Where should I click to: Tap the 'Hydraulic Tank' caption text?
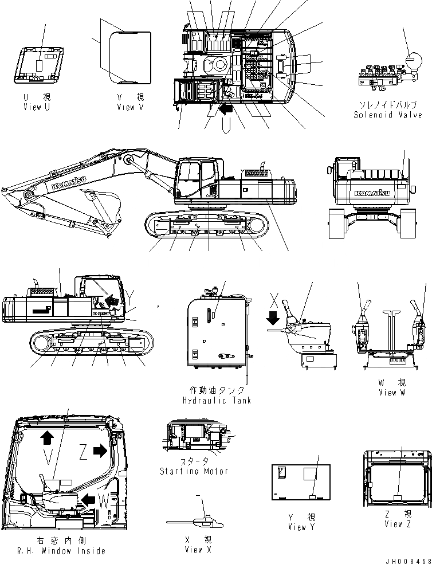click(x=217, y=401)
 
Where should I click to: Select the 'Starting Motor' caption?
click(x=194, y=471)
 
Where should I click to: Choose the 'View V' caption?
click(x=133, y=107)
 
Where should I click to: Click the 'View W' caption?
click(x=392, y=393)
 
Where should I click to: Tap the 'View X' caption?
click(x=194, y=550)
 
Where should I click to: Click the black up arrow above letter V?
click(x=46, y=438)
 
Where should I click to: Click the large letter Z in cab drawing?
click(x=84, y=453)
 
